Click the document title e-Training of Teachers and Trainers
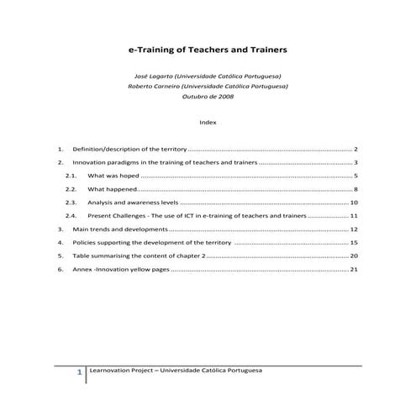(x=208, y=50)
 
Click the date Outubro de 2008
(x=208, y=96)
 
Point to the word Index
(x=208, y=122)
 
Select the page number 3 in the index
(x=356, y=161)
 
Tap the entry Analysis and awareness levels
(x=132, y=203)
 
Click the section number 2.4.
(x=71, y=216)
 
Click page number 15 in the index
(x=354, y=243)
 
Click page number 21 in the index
(x=354, y=270)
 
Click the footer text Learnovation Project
(x=121, y=370)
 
